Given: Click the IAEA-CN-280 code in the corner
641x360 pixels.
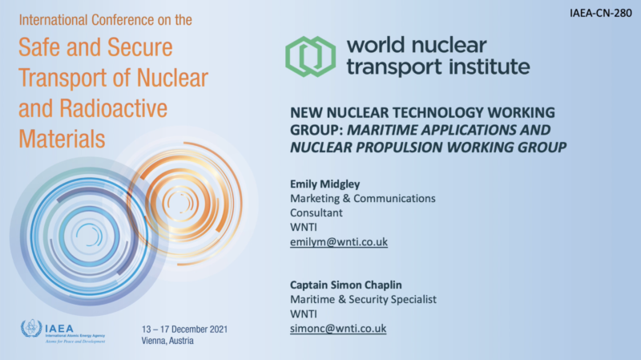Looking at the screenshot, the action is point(600,13).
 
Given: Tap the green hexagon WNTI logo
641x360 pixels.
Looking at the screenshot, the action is point(311,56).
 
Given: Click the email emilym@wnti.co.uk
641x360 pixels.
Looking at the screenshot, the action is point(339,242).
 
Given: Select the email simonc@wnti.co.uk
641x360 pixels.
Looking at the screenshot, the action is point(338,329).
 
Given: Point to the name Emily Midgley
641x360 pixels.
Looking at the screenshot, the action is point(325,184).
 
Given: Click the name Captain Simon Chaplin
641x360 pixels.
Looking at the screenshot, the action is point(346,285).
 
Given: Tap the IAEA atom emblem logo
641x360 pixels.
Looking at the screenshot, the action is point(31,329).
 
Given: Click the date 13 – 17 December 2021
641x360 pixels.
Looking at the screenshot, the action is point(184,330).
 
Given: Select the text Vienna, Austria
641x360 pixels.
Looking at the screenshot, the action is point(167,341).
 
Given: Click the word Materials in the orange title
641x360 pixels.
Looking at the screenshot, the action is point(62,139).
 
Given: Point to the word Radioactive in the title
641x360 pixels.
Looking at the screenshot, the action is point(113,108).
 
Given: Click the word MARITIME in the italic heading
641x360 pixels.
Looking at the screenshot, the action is point(382,130).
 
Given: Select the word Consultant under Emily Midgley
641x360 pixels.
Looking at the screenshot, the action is point(316,212).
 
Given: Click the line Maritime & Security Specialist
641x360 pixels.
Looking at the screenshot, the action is point(363,299).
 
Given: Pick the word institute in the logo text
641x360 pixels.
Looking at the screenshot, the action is point(490,67).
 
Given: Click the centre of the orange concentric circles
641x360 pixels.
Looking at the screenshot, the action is point(180,203).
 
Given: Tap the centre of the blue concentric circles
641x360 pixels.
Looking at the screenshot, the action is point(89,237).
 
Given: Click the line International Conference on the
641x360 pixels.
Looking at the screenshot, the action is point(106,19).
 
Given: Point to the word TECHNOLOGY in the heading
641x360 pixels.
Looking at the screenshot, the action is point(437,112).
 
